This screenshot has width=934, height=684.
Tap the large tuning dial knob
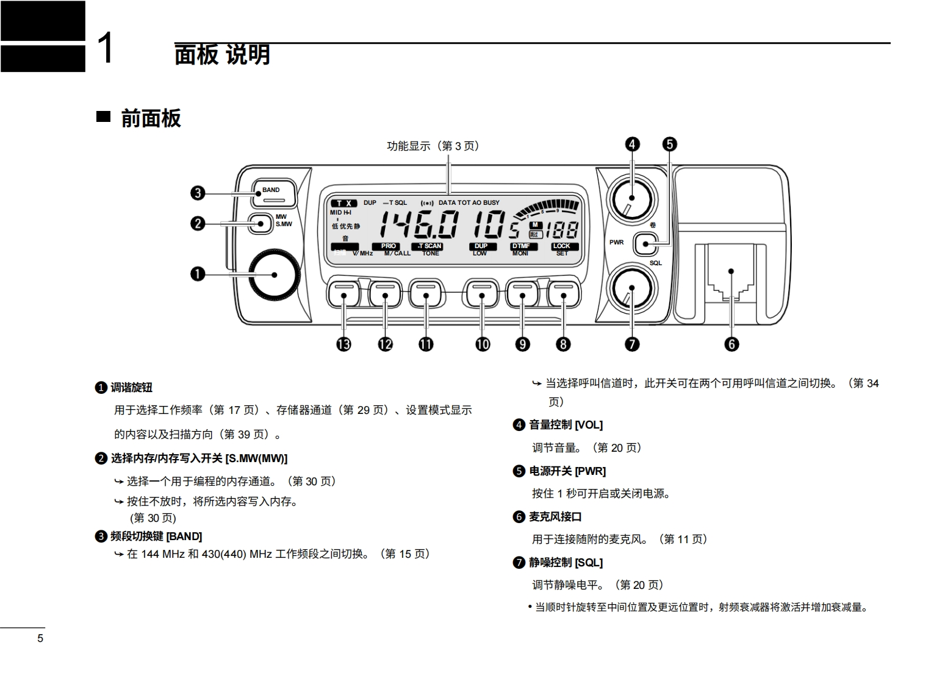point(274,274)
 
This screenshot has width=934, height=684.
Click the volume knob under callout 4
point(631,198)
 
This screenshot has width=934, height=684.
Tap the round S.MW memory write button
point(261,223)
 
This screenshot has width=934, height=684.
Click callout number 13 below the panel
point(344,344)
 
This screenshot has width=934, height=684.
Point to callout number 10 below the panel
point(483,344)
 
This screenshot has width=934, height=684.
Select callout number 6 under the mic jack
point(731,344)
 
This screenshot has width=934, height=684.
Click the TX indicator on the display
point(344,203)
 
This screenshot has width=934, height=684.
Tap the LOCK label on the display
point(561,246)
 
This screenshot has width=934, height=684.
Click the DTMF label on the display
point(521,246)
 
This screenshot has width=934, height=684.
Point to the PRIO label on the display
point(389,246)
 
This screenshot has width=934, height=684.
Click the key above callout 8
point(563,294)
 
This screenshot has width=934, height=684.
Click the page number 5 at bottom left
point(40,638)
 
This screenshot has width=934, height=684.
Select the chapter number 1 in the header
point(106,48)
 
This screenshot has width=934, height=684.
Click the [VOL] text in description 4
point(588,425)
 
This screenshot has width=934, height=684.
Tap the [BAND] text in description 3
point(184,536)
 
